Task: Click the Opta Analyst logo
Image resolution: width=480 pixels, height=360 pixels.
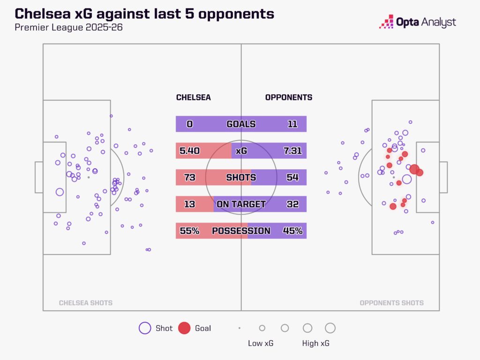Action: click(417, 22)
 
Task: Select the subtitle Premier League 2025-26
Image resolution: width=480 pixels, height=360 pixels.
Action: click(69, 27)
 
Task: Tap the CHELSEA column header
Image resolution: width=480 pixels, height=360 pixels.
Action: click(193, 97)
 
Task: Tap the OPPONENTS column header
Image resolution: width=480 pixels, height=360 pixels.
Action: click(289, 97)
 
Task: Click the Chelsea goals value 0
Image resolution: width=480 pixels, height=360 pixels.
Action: click(190, 124)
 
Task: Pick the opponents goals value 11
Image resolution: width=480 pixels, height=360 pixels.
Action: click(292, 124)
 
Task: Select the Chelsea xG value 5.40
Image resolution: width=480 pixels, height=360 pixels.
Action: click(190, 151)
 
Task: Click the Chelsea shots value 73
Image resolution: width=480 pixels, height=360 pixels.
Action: click(190, 178)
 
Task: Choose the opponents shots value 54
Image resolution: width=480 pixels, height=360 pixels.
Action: click(292, 178)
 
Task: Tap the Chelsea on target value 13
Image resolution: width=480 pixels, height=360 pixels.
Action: click(190, 204)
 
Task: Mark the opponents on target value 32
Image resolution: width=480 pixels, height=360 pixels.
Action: click(292, 204)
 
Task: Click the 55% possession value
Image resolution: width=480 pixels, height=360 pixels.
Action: click(190, 231)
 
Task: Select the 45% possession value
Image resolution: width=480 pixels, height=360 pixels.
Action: click(292, 231)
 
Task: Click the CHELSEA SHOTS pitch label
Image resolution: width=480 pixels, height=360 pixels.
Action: click(85, 303)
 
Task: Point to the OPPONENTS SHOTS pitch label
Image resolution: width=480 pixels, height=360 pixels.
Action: click(391, 303)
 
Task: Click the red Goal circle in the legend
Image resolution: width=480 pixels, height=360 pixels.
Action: click(185, 328)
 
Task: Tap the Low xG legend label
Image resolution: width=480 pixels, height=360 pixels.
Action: click(261, 344)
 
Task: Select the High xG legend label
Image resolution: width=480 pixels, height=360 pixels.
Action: click(315, 344)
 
